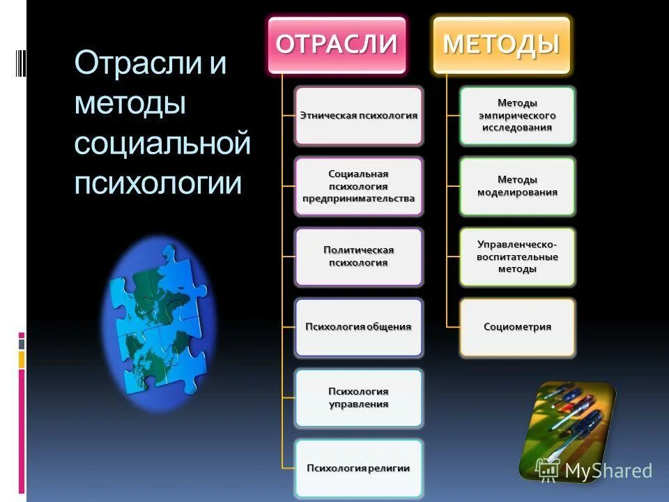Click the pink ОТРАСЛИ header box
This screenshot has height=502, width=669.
[337, 45]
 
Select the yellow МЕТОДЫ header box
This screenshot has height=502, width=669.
[502, 45]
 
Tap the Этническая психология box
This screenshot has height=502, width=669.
[358, 116]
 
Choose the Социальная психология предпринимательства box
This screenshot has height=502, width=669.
[358, 186]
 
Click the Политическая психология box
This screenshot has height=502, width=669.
[358, 257]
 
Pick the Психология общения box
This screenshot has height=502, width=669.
[358, 327]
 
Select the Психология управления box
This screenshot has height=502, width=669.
[358, 397]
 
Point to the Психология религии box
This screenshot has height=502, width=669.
[358, 468]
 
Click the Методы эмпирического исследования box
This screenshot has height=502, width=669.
[517, 116]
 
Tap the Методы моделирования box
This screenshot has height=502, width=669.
[517, 186]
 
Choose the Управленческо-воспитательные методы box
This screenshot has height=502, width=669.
[517, 257]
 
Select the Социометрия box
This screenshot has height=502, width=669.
[517, 327]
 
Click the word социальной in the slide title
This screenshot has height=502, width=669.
[162, 144]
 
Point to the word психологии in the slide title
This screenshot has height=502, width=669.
[158, 183]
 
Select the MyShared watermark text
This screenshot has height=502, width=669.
[608, 471]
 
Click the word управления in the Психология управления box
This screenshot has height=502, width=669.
[358, 404]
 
